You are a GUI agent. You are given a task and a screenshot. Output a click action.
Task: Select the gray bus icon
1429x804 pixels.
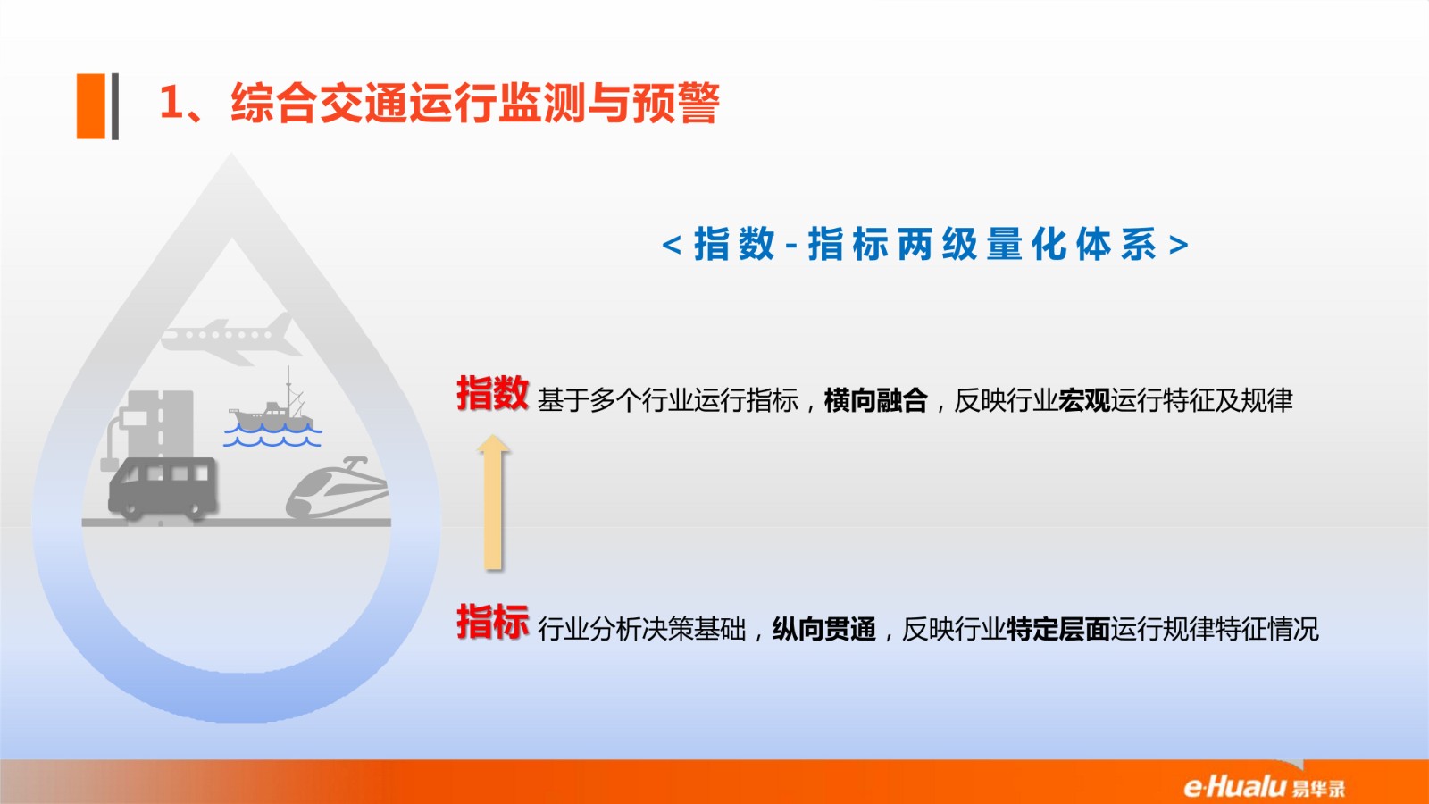[163, 487]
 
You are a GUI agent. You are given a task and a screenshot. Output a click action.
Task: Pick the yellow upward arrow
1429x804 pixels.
[493, 502]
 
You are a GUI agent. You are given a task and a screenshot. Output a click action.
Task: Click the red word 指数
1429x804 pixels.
[492, 393]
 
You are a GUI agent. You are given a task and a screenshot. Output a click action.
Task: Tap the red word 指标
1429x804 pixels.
[492, 622]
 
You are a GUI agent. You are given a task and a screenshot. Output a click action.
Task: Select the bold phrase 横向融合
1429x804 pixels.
[876, 401]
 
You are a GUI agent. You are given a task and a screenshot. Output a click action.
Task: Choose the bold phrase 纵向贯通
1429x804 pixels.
[823, 630]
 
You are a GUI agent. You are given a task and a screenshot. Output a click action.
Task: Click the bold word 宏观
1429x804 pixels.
[1084, 401]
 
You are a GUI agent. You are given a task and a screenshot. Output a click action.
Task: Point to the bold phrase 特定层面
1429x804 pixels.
[1058, 630]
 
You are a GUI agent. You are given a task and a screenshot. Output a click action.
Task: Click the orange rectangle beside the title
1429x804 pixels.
[90, 106]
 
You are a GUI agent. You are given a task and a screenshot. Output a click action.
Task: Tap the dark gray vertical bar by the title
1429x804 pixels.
[115, 106]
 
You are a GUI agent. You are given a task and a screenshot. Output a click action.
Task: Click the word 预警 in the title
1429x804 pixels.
[676, 103]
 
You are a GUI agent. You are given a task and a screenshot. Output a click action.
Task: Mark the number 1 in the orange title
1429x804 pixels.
[171, 102]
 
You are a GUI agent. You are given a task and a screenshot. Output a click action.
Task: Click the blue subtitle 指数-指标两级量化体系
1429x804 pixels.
[925, 245]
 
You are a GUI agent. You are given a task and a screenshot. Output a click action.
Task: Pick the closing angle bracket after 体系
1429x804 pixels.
[1179, 245]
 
